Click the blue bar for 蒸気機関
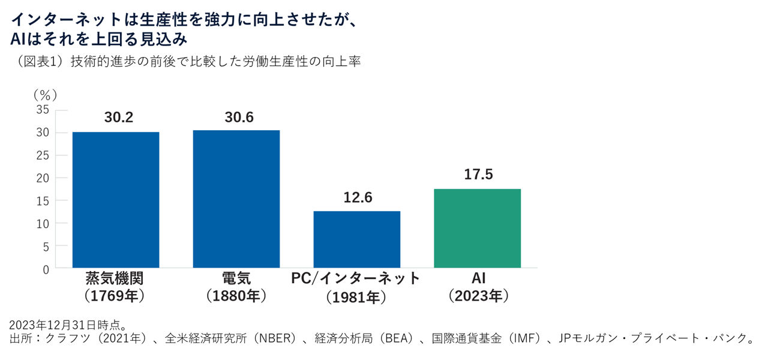tap(116, 200)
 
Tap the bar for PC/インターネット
tap(356, 239)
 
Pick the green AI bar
tap(477, 228)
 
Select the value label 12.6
tap(358, 197)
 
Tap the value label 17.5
tap(478, 175)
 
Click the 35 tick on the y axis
tap(43, 110)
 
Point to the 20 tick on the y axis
tap(43, 178)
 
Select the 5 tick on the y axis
tap(46, 247)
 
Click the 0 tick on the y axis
tap(46, 269)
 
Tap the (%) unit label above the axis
tap(45, 94)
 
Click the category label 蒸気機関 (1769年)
tap(115, 287)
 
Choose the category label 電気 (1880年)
tap(236, 287)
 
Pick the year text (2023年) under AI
tap(478, 296)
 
